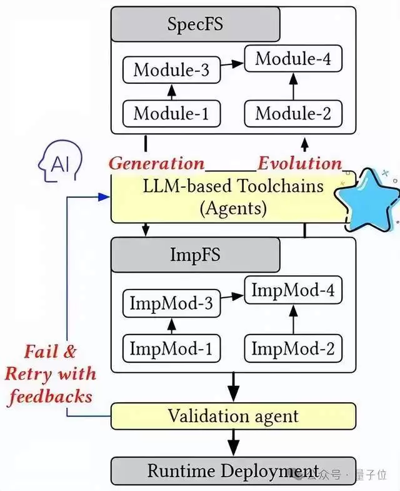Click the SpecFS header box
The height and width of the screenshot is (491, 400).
click(195, 24)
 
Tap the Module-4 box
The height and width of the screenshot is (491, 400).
click(294, 59)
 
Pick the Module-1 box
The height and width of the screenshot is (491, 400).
click(172, 113)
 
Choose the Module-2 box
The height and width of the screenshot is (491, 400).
click(294, 113)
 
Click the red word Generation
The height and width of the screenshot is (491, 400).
click(157, 163)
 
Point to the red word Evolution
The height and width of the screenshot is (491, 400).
click(300, 163)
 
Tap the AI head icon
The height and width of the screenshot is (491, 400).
click(58, 165)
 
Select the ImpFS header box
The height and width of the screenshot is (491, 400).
click(195, 255)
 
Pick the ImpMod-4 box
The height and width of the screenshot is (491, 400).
click(294, 291)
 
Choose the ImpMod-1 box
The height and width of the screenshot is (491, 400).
click(172, 348)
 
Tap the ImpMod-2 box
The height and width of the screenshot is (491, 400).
click(294, 348)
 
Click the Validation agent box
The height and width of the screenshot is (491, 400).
click(233, 415)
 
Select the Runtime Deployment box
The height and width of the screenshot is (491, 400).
click(233, 470)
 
